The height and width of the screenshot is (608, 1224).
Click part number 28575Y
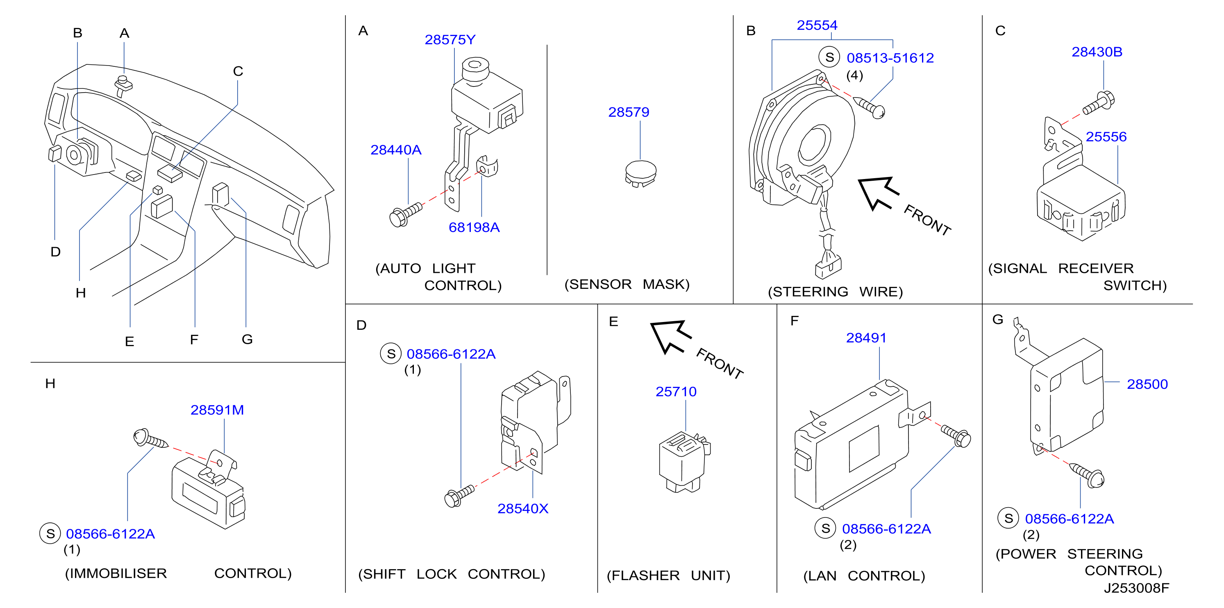pos(450,39)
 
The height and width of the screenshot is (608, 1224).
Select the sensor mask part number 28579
pos(628,112)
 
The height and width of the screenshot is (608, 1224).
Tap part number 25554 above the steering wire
pos(817,25)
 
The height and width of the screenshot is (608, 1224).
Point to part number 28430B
pos(1097,52)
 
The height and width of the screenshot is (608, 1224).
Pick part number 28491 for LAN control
pos(866,338)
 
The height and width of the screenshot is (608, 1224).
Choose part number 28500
pos(1147,384)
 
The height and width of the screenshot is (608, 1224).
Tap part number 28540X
pos(523,508)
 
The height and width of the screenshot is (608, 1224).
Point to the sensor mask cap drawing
pos(640,174)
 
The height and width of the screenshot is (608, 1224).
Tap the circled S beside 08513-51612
pos(829,57)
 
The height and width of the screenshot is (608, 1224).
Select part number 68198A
pos(474,227)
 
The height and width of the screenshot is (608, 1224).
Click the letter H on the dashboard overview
pos(81,293)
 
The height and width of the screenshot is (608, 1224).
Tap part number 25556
pos(1106,137)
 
